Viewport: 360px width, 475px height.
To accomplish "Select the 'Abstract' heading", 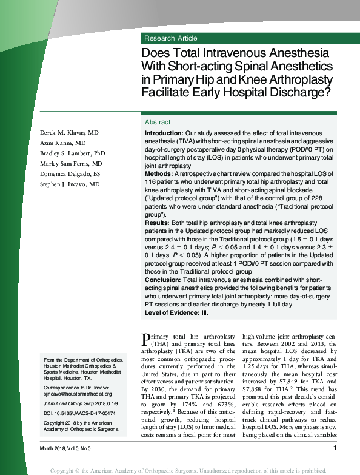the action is (x=158, y=122).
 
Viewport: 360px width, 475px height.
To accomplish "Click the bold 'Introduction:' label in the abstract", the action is (x=164, y=133).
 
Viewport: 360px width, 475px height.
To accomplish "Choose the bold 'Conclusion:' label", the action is (x=162, y=280).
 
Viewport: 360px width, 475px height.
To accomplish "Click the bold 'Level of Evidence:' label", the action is (x=172, y=312).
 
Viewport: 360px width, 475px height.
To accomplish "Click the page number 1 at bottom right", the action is (x=335, y=448).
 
